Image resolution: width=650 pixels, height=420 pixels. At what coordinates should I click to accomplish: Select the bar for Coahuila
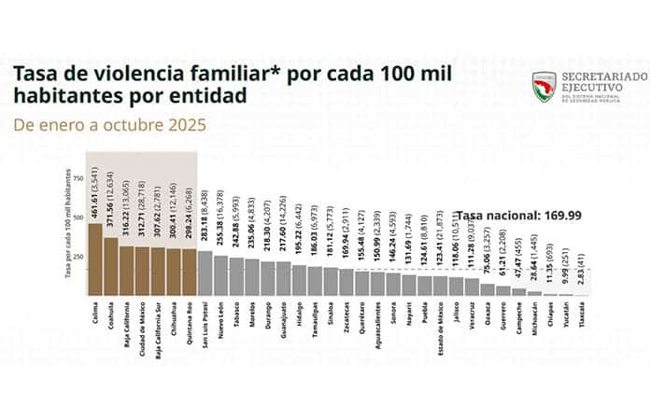click(x=110, y=266)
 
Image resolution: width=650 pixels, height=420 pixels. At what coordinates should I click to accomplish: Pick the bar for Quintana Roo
click(x=189, y=272)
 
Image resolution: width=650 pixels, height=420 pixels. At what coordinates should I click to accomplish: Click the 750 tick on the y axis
click(x=78, y=177)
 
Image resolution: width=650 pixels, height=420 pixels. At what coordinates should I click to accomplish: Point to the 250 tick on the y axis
click(x=78, y=256)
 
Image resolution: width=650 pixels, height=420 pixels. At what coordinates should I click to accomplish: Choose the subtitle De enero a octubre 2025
click(x=109, y=123)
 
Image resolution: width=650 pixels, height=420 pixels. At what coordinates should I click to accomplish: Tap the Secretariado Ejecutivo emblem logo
click(x=544, y=87)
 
